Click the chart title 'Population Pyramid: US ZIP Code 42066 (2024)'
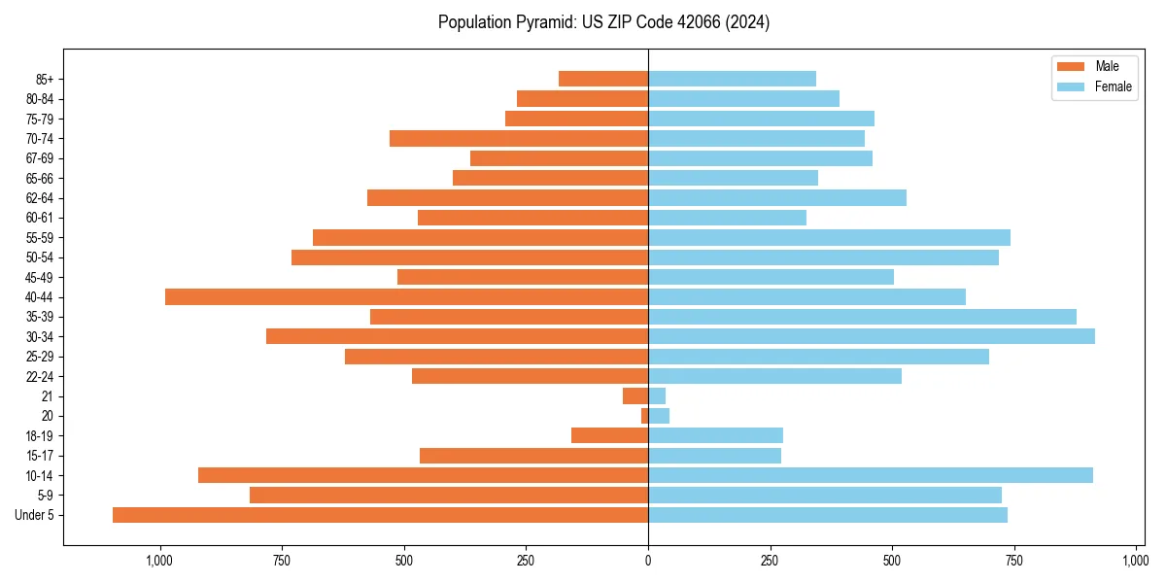pos(603,22)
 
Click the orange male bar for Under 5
pos(380,515)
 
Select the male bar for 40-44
pos(406,296)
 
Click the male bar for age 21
pos(635,395)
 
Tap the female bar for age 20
pos(659,416)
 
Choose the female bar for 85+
pos(732,79)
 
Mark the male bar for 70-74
pos(519,138)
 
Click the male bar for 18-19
pos(609,435)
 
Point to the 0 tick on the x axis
pos(648,561)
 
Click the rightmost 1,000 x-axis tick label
pos(1136,561)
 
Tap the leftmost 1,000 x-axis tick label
pos(159,561)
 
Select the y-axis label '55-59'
pos(40,237)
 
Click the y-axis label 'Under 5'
pos(35,515)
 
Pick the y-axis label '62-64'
pos(40,197)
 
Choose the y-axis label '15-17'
pos(40,456)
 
